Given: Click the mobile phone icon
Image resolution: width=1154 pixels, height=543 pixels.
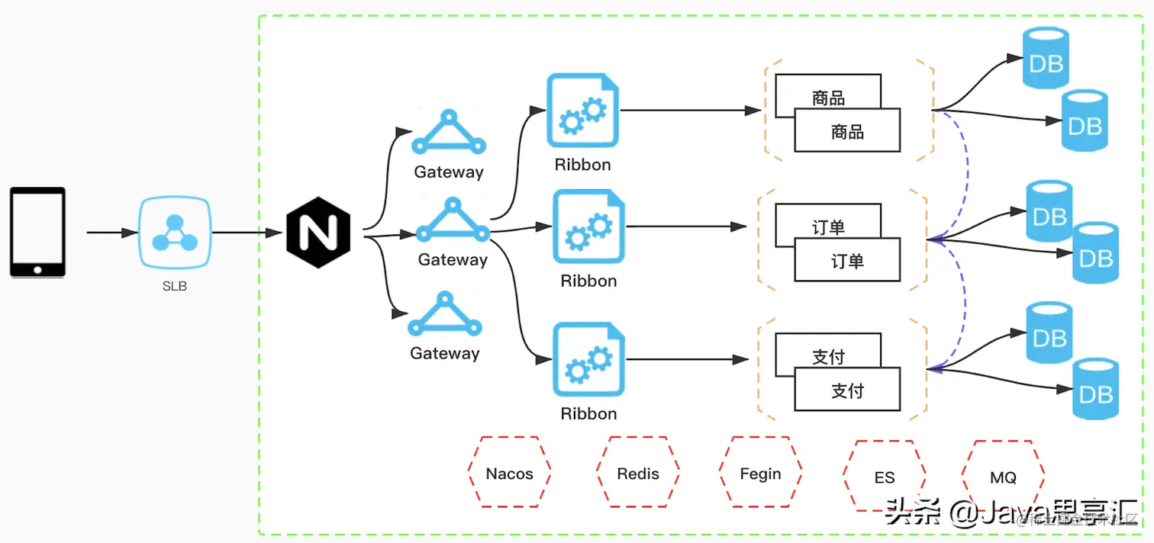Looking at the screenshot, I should click(x=37, y=232).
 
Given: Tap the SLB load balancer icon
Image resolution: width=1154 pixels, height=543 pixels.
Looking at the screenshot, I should click(x=174, y=233).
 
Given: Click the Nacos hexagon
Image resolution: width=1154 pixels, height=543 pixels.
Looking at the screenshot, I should click(x=509, y=473).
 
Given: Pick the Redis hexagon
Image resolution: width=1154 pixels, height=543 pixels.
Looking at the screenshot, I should click(x=637, y=473).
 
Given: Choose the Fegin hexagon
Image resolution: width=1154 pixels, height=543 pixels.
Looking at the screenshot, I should click(x=760, y=473).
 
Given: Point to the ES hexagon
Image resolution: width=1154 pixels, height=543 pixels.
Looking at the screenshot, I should click(x=884, y=477).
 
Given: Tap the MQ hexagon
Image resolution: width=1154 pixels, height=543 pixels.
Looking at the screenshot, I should click(x=1003, y=477).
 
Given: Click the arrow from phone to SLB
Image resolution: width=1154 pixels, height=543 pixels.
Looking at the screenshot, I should click(x=110, y=232).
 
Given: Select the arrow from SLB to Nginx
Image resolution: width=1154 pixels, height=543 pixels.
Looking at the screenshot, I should click(x=247, y=233).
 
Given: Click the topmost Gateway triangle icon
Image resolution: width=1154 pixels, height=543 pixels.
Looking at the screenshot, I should click(x=449, y=133).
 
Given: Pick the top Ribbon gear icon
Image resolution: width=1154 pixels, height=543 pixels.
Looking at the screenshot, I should click(x=582, y=111).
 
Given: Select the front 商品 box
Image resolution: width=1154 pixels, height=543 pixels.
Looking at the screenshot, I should click(x=847, y=131).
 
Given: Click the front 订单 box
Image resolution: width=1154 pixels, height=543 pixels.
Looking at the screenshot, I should click(x=847, y=260).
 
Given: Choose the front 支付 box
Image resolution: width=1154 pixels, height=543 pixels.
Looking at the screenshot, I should click(x=847, y=390).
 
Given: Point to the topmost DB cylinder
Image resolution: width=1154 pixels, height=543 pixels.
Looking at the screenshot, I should click(x=1046, y=59).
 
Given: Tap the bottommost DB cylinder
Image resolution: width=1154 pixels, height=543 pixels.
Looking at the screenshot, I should click(x=1096, y=390).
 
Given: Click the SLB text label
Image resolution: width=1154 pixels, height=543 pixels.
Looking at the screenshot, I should click(x=174, y=287).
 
